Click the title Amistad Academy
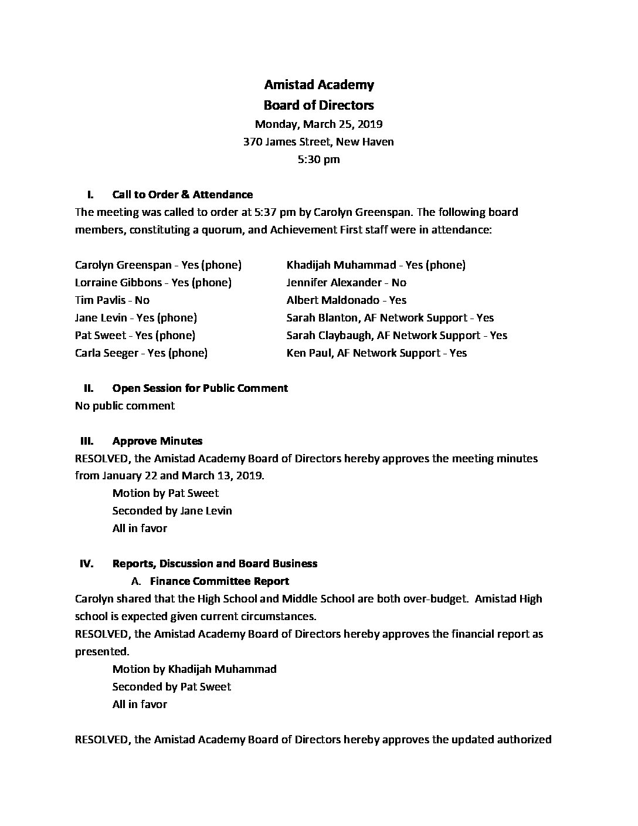pos(318,85)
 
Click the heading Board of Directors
pos(318,106)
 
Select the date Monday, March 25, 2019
pos(318,124)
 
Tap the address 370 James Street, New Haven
pos(318,142)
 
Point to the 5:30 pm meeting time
pos(318,160)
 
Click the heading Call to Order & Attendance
pos(182,195)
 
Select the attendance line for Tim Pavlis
pos(112,300)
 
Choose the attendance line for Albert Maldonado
pos(346,300)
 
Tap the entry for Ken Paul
pos(376,353)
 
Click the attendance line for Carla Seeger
pos(141,353)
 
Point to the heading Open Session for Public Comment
pos(200,388)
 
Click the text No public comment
pos(125,406)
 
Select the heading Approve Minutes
pos(157,441)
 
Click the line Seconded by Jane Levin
pos(172,511)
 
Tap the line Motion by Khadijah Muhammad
pos(194,669)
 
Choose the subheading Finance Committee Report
pos(219,581)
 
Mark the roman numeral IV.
pos(86,564)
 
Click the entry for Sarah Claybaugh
pos(396,336)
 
